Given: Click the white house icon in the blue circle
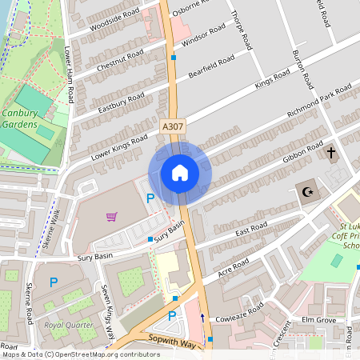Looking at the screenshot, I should [x=179, y=173].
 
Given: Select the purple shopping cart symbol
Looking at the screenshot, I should [x=111, y=216].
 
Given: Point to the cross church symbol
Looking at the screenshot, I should [x=330, y=152].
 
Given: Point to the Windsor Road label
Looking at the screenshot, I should [x=205, y=37].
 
